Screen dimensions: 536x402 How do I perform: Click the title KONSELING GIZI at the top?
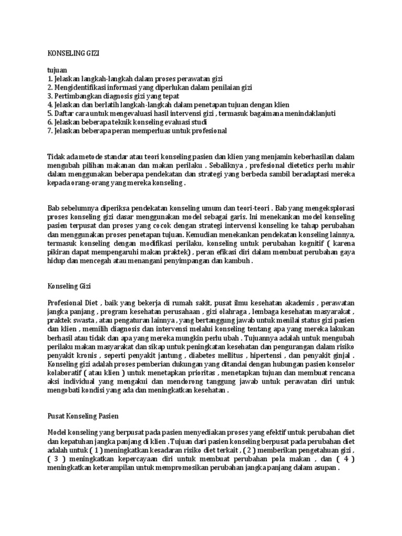click(73, 53)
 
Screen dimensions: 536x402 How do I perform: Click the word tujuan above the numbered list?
click(58, 70)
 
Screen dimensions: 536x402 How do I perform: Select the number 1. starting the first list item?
click(50, 79)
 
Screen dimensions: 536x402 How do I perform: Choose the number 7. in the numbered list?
click(50, 131)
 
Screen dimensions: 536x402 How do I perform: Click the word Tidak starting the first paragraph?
click(56, 157)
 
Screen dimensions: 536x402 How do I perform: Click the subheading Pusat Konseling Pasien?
click(83, 416)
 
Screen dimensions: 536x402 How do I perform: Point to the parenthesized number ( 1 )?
click(96, 451)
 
